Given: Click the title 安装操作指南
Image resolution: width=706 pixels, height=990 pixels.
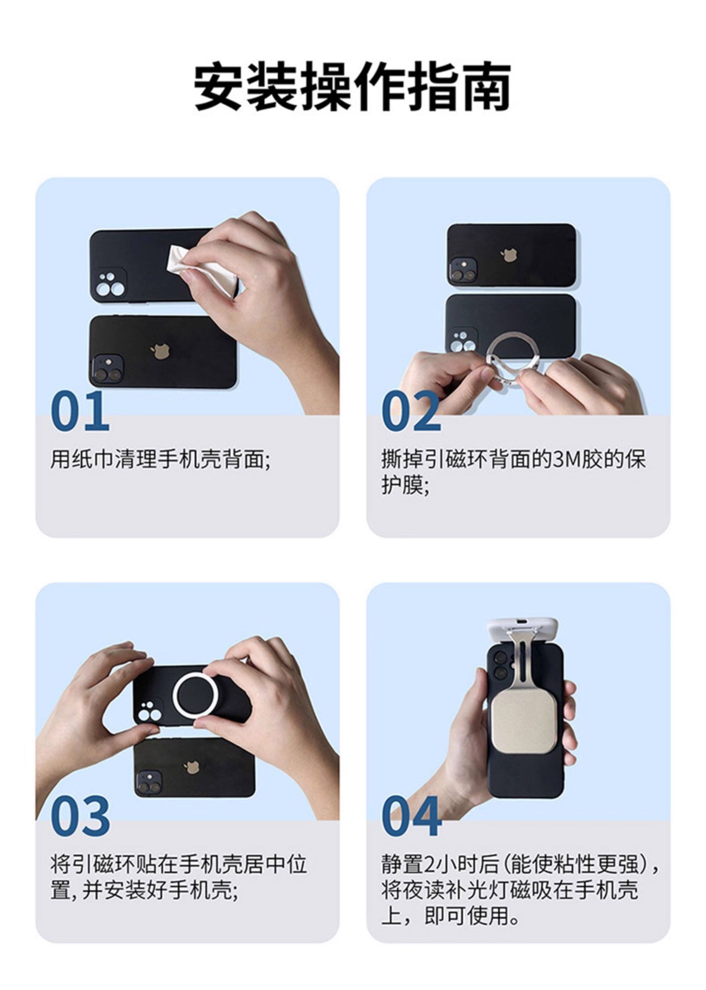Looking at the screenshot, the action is coord(352,87).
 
